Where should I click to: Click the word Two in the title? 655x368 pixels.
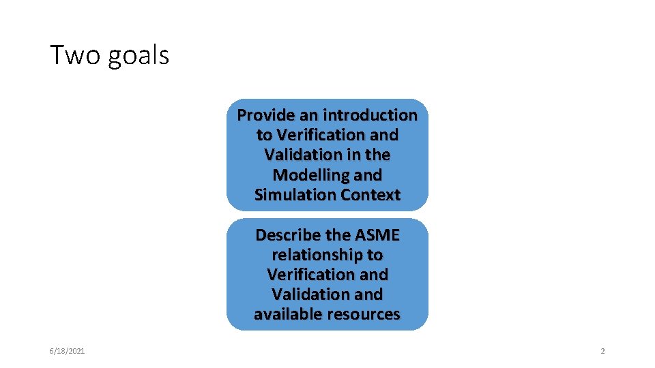(74, 55)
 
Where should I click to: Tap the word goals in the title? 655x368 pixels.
(137, 55)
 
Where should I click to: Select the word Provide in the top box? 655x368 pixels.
(263, 115)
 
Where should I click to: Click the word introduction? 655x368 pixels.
(370, 115)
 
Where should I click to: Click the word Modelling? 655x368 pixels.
(308, 175)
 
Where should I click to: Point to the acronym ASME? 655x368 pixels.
(377, 235)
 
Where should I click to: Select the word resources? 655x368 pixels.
(364, 314)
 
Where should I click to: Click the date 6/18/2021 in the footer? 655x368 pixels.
(67, 351)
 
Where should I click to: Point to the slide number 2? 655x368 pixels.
(602, 351)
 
